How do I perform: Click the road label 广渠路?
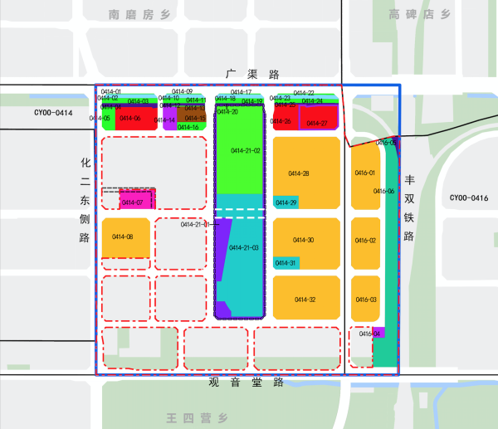click(250, 75)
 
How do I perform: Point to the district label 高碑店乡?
click(420, 14)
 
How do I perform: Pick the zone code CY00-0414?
click(53, 113)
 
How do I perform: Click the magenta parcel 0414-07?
click(136, 200)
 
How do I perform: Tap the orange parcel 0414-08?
click(125, 238)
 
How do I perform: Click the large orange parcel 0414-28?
click(305, 173)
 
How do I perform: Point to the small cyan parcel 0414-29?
click(285, 202)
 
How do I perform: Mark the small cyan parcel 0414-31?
click(286, 263)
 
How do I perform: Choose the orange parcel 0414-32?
click(305, 299)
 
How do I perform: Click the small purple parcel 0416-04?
click(377, 333)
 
